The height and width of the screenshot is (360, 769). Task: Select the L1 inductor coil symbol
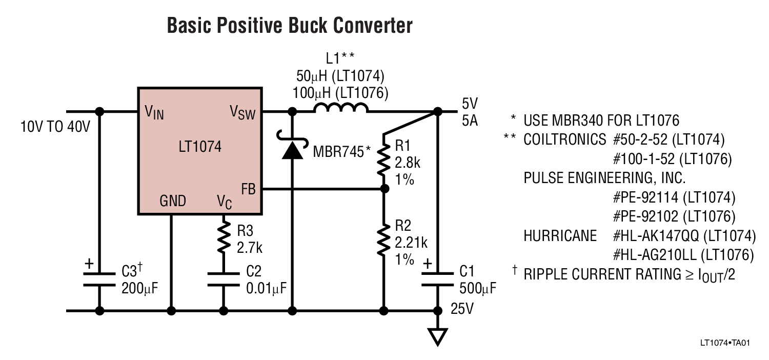(x=340, y=108)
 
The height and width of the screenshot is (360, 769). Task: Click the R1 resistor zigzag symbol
(x=383, y=159)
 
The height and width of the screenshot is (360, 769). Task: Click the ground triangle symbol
(x=437, y=336)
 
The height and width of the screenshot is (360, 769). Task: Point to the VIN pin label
(x=154, y=112)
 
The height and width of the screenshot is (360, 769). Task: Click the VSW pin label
(x=242, y=112)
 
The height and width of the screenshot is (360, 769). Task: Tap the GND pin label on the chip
(x=173, y=201)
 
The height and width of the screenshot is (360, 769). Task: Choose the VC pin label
(x=225, y=202)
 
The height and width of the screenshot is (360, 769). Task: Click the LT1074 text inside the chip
(x=200, y=147)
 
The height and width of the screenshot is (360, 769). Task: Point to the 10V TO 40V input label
(x=55, y=126)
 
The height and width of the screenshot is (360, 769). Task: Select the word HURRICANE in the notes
(x=560, y=235)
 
